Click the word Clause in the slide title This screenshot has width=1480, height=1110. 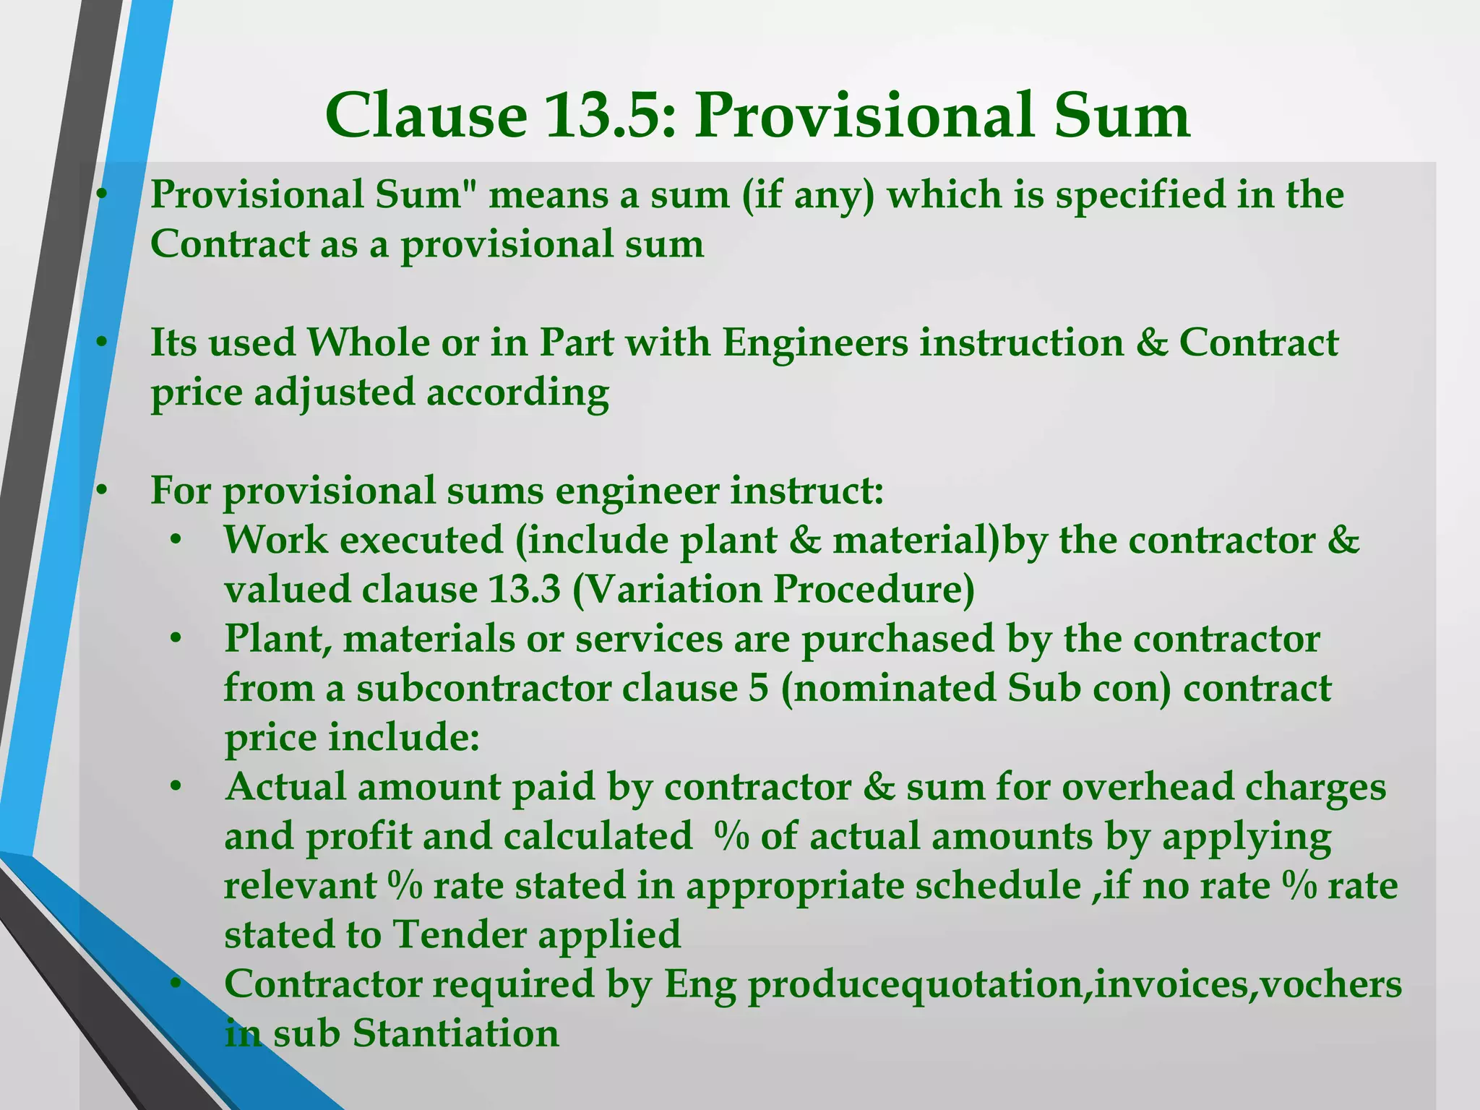coord(426,116)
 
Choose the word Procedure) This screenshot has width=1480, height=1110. coord(874,589)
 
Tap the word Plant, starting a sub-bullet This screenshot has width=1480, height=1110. coord(277,640)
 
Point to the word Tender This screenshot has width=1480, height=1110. coord(459,934)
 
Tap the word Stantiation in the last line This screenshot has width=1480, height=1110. coord(456,1033)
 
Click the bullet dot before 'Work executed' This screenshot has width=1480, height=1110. coord(176,540)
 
